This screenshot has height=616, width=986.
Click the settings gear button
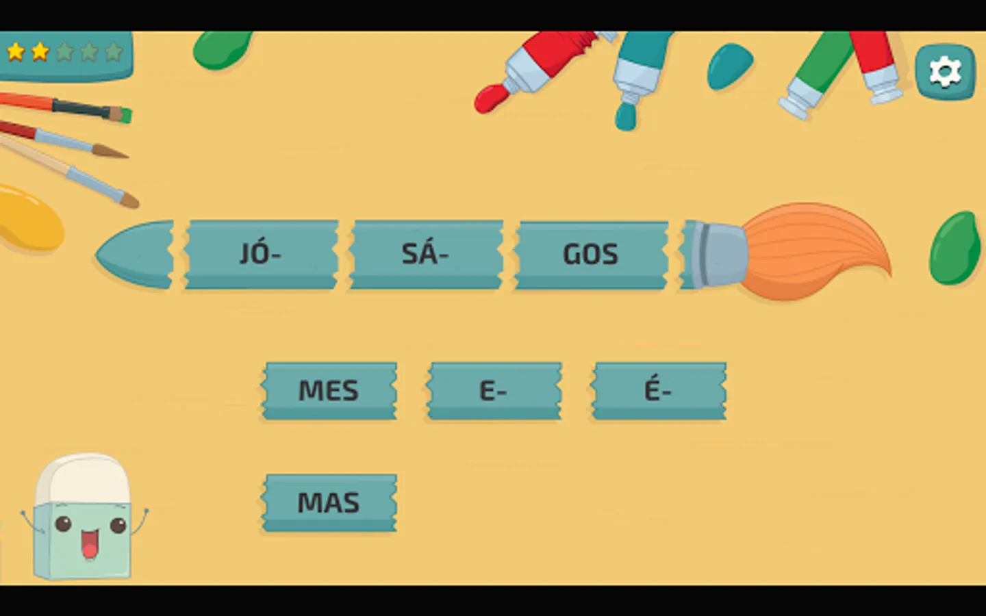[x=945, y=72]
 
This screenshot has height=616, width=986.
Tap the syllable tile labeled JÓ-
[x=261, y=255]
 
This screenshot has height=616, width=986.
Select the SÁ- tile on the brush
[x=426, y=255]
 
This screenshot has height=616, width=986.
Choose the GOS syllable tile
[x=591, y=255]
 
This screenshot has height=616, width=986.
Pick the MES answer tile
[x=329, y=391]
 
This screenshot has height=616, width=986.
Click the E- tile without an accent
[x=494, y=391]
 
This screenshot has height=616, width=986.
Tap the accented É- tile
[x=659, y=391]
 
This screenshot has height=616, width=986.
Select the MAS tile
[x=329, y=502]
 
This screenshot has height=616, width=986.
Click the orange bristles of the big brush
[x=814, y=251]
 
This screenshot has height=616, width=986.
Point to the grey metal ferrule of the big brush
[x=719, y=255]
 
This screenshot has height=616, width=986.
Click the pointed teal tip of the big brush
[x=134, y=255]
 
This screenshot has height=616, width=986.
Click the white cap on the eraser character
[x=83, y=478]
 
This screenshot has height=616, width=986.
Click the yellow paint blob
[x=29, y=219]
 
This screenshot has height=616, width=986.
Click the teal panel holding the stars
[x=66, y=55]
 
